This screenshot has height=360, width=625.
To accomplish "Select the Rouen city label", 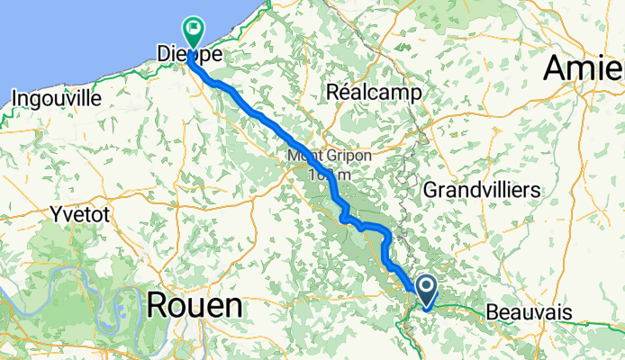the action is [194, 306].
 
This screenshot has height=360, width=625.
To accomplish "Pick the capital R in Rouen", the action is [156, 306].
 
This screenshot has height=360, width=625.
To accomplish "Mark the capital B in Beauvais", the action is [491, 311].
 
